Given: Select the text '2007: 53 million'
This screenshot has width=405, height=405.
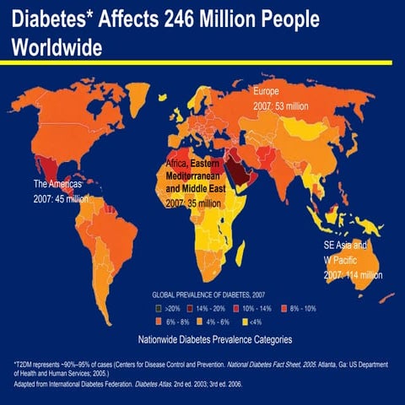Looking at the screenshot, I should [282, 106].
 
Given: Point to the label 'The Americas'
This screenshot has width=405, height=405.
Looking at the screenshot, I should [57, 184].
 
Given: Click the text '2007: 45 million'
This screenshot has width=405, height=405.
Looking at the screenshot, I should [61, 199].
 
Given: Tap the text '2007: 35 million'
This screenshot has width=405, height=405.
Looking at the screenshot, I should [193, 203].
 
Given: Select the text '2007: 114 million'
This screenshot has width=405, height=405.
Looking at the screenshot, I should [353, 275].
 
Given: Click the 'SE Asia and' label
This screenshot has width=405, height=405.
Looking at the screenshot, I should [346, 245].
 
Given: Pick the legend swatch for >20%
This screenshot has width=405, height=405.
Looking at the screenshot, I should [157, 309].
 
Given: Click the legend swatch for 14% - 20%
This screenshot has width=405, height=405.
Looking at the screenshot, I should [190, 309].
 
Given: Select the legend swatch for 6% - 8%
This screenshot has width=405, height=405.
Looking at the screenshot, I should [157, 321].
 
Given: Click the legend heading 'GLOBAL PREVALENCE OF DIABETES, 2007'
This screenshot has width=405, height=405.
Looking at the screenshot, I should [214, 294].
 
